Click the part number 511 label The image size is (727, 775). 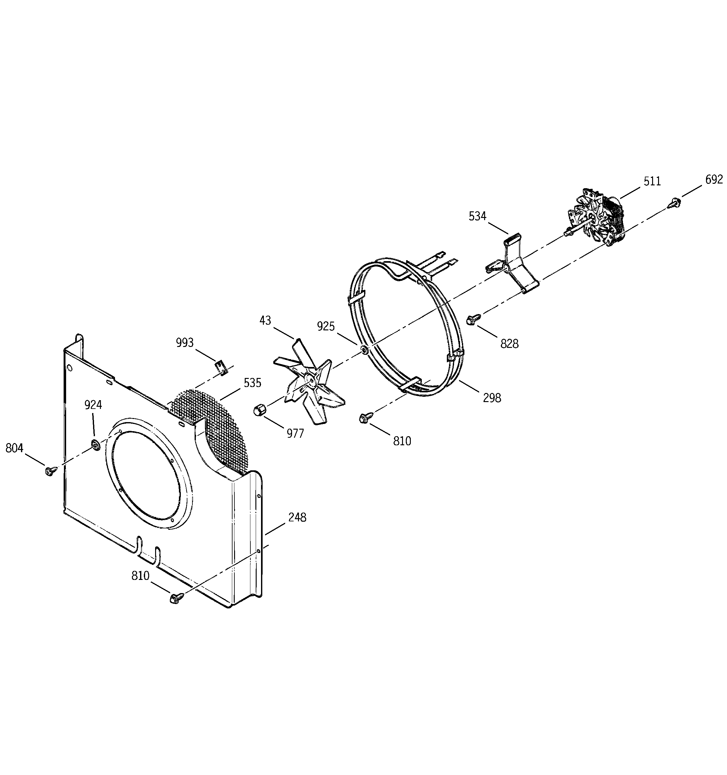coord(652,181)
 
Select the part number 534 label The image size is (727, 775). coord(477,216)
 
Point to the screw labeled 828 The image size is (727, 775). coord(471,320)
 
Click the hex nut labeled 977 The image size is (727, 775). coord(259,410)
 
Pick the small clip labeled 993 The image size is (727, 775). coord(221,367)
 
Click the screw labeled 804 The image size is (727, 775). coord(50,471)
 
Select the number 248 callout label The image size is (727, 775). coord(297,518)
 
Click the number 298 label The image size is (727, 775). coord(492,398)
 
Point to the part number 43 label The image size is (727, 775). coord(265,320)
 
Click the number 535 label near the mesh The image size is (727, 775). coord(253,383)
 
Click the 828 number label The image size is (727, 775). coord(509,344)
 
